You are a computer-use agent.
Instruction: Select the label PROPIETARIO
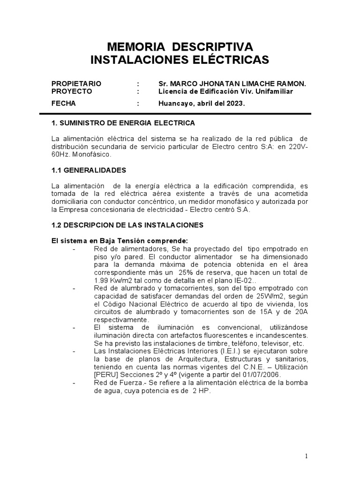click(x=76, y=83)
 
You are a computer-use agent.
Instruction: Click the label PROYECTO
click(x=72, y=91)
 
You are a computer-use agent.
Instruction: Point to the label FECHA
click(x=63, y=103)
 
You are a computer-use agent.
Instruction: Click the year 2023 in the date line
click(x=234, y=103)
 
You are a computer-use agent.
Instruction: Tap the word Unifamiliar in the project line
click(x=274, y=91)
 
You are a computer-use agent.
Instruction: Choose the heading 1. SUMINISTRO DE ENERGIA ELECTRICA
click(x=123, y=123)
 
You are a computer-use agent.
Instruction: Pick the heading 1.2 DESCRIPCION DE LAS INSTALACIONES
click(x=127, y=225)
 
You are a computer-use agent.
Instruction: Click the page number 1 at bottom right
click(x=306, y=456)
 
